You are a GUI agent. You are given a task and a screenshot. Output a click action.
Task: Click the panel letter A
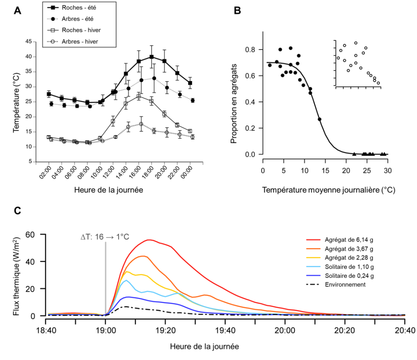[x=17, y=11]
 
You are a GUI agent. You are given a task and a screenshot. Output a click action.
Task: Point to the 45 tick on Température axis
[x=28, y=41]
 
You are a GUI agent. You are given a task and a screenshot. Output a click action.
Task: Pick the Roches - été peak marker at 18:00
[x=151, y=57]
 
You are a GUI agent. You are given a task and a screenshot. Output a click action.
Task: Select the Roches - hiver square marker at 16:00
[x=139, y=96]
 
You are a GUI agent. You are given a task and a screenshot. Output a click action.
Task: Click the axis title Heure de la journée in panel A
[x=108, y=190]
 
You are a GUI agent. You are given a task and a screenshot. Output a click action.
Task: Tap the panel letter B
[x=237, y=11]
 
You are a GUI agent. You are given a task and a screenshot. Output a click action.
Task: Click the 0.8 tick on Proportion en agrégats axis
[x=252, y=50]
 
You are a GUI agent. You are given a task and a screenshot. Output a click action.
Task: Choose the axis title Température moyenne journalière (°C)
[x=329, y=190]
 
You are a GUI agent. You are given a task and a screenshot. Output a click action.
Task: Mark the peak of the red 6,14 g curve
[x=149, y=240]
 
